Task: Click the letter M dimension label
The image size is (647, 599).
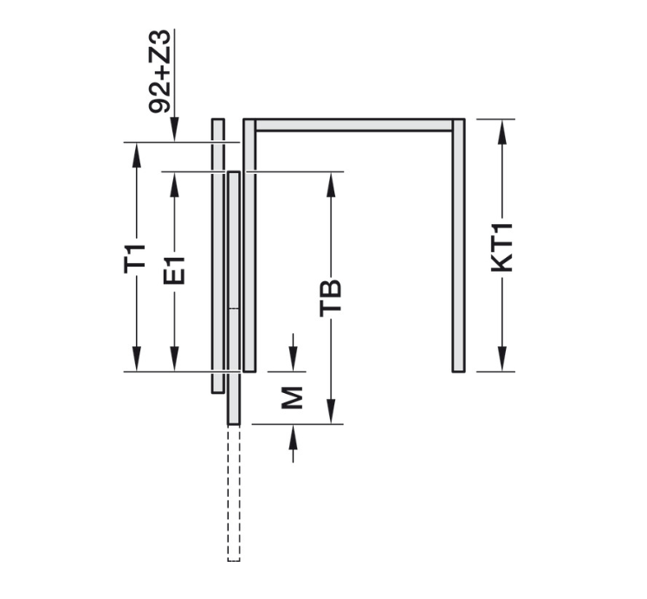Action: tap(294, 396)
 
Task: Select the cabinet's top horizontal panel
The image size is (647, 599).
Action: tap(353, 126)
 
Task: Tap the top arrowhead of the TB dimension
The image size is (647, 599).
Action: tap(331, 181)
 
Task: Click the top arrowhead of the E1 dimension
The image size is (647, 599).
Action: tap(174, 181)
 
